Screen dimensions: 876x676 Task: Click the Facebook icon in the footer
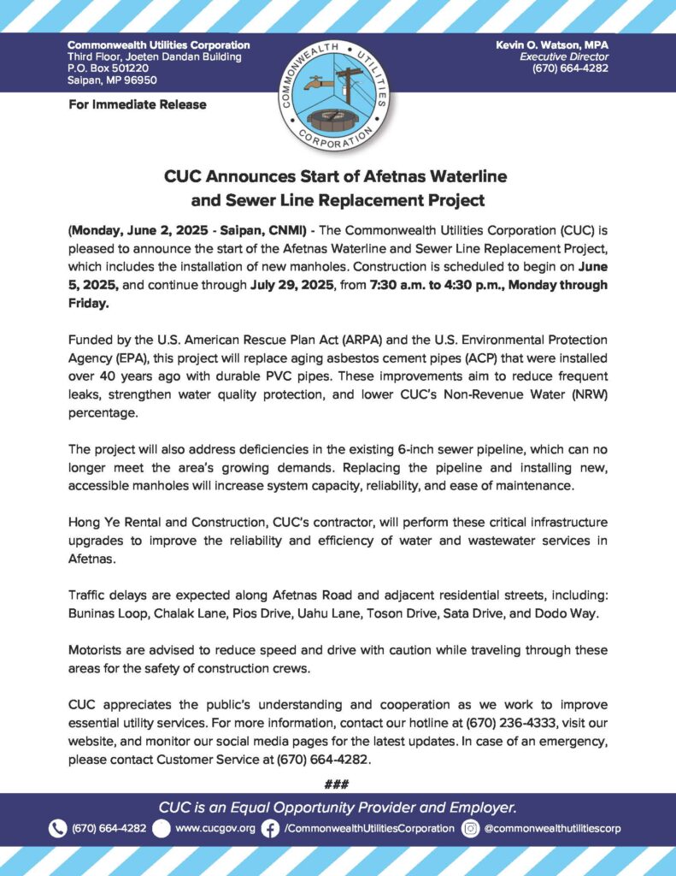tap(270, 828)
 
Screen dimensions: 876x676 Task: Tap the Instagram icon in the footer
tap(470, 828)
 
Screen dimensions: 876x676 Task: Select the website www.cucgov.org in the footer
tap(215, 828)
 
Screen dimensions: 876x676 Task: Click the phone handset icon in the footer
tap(57, 828)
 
